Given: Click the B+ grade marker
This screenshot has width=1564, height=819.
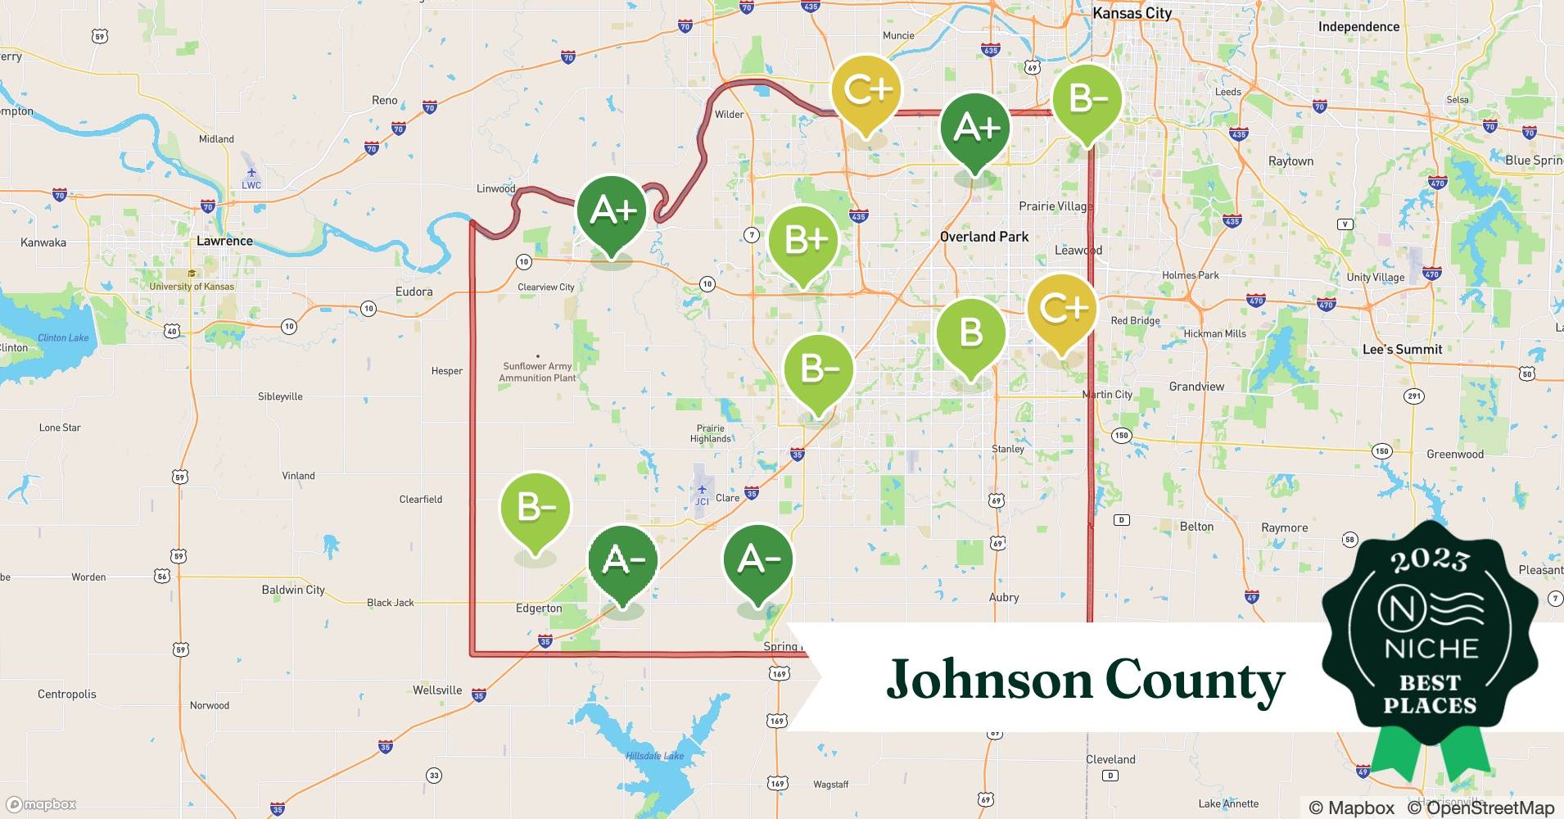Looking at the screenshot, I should (804, 242).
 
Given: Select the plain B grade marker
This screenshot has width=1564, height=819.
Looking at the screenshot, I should (970, 333).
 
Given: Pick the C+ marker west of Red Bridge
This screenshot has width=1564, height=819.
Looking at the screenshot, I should (1062, 310).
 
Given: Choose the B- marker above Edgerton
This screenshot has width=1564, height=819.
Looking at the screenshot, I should (536, 508).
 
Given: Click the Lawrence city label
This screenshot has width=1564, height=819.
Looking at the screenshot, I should (224, 241).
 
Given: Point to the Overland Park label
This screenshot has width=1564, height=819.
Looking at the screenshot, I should (983, 237).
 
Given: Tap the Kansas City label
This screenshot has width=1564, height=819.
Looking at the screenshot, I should (1132, 13).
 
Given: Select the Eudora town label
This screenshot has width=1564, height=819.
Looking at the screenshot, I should (414, 292).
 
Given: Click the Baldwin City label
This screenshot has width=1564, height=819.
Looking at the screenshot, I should (293, 590).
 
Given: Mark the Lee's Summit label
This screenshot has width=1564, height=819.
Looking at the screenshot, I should (1402, 349).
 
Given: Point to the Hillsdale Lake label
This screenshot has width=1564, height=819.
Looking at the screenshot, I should (654, 756).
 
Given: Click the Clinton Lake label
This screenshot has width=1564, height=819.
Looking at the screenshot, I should (63, 337).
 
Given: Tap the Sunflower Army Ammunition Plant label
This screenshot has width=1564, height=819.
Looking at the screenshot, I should (537, 372).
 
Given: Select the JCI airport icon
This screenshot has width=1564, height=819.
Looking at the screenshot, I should (702, 489).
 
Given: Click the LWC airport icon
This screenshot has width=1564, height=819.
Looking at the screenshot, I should (251, 172).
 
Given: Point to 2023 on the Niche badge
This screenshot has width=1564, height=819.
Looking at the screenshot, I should (1430, 560).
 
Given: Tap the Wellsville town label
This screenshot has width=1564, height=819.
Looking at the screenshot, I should (437, 690).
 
